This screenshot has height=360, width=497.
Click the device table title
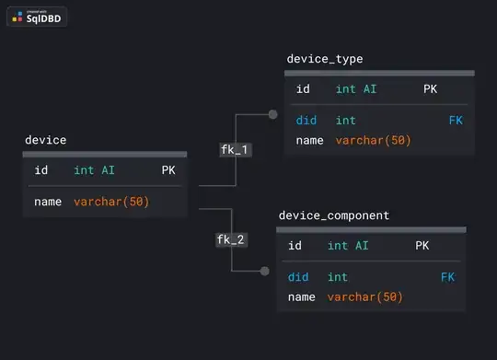tap(45, 140)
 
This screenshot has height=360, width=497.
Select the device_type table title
tap(325, 59)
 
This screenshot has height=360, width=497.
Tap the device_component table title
tap(333, 215)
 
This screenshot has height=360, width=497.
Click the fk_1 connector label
tap(235, 149)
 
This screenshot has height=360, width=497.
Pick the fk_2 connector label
tap(230, 239)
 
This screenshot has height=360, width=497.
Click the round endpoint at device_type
tap(272, 115)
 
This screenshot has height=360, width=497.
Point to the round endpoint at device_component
tap(265, 271)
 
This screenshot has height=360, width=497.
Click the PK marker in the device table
tap(168, 170)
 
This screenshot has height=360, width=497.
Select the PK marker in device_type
tap(430, 89)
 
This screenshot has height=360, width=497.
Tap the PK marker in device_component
tap(422, 246)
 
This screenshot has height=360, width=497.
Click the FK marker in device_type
tap(456, 121)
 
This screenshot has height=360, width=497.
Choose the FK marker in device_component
tap(447, 277)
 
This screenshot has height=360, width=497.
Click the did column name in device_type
tap(306, 121)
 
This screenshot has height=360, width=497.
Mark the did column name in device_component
tap(297, 277)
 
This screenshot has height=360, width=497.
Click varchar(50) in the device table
tap(111, 202)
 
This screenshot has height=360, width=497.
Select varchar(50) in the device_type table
tap(373, 141)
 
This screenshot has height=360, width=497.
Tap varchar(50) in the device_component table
tap(364, 297)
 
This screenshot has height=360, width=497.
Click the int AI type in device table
tap(94, 170)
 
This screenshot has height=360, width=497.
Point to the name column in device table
tap(48, 202)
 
